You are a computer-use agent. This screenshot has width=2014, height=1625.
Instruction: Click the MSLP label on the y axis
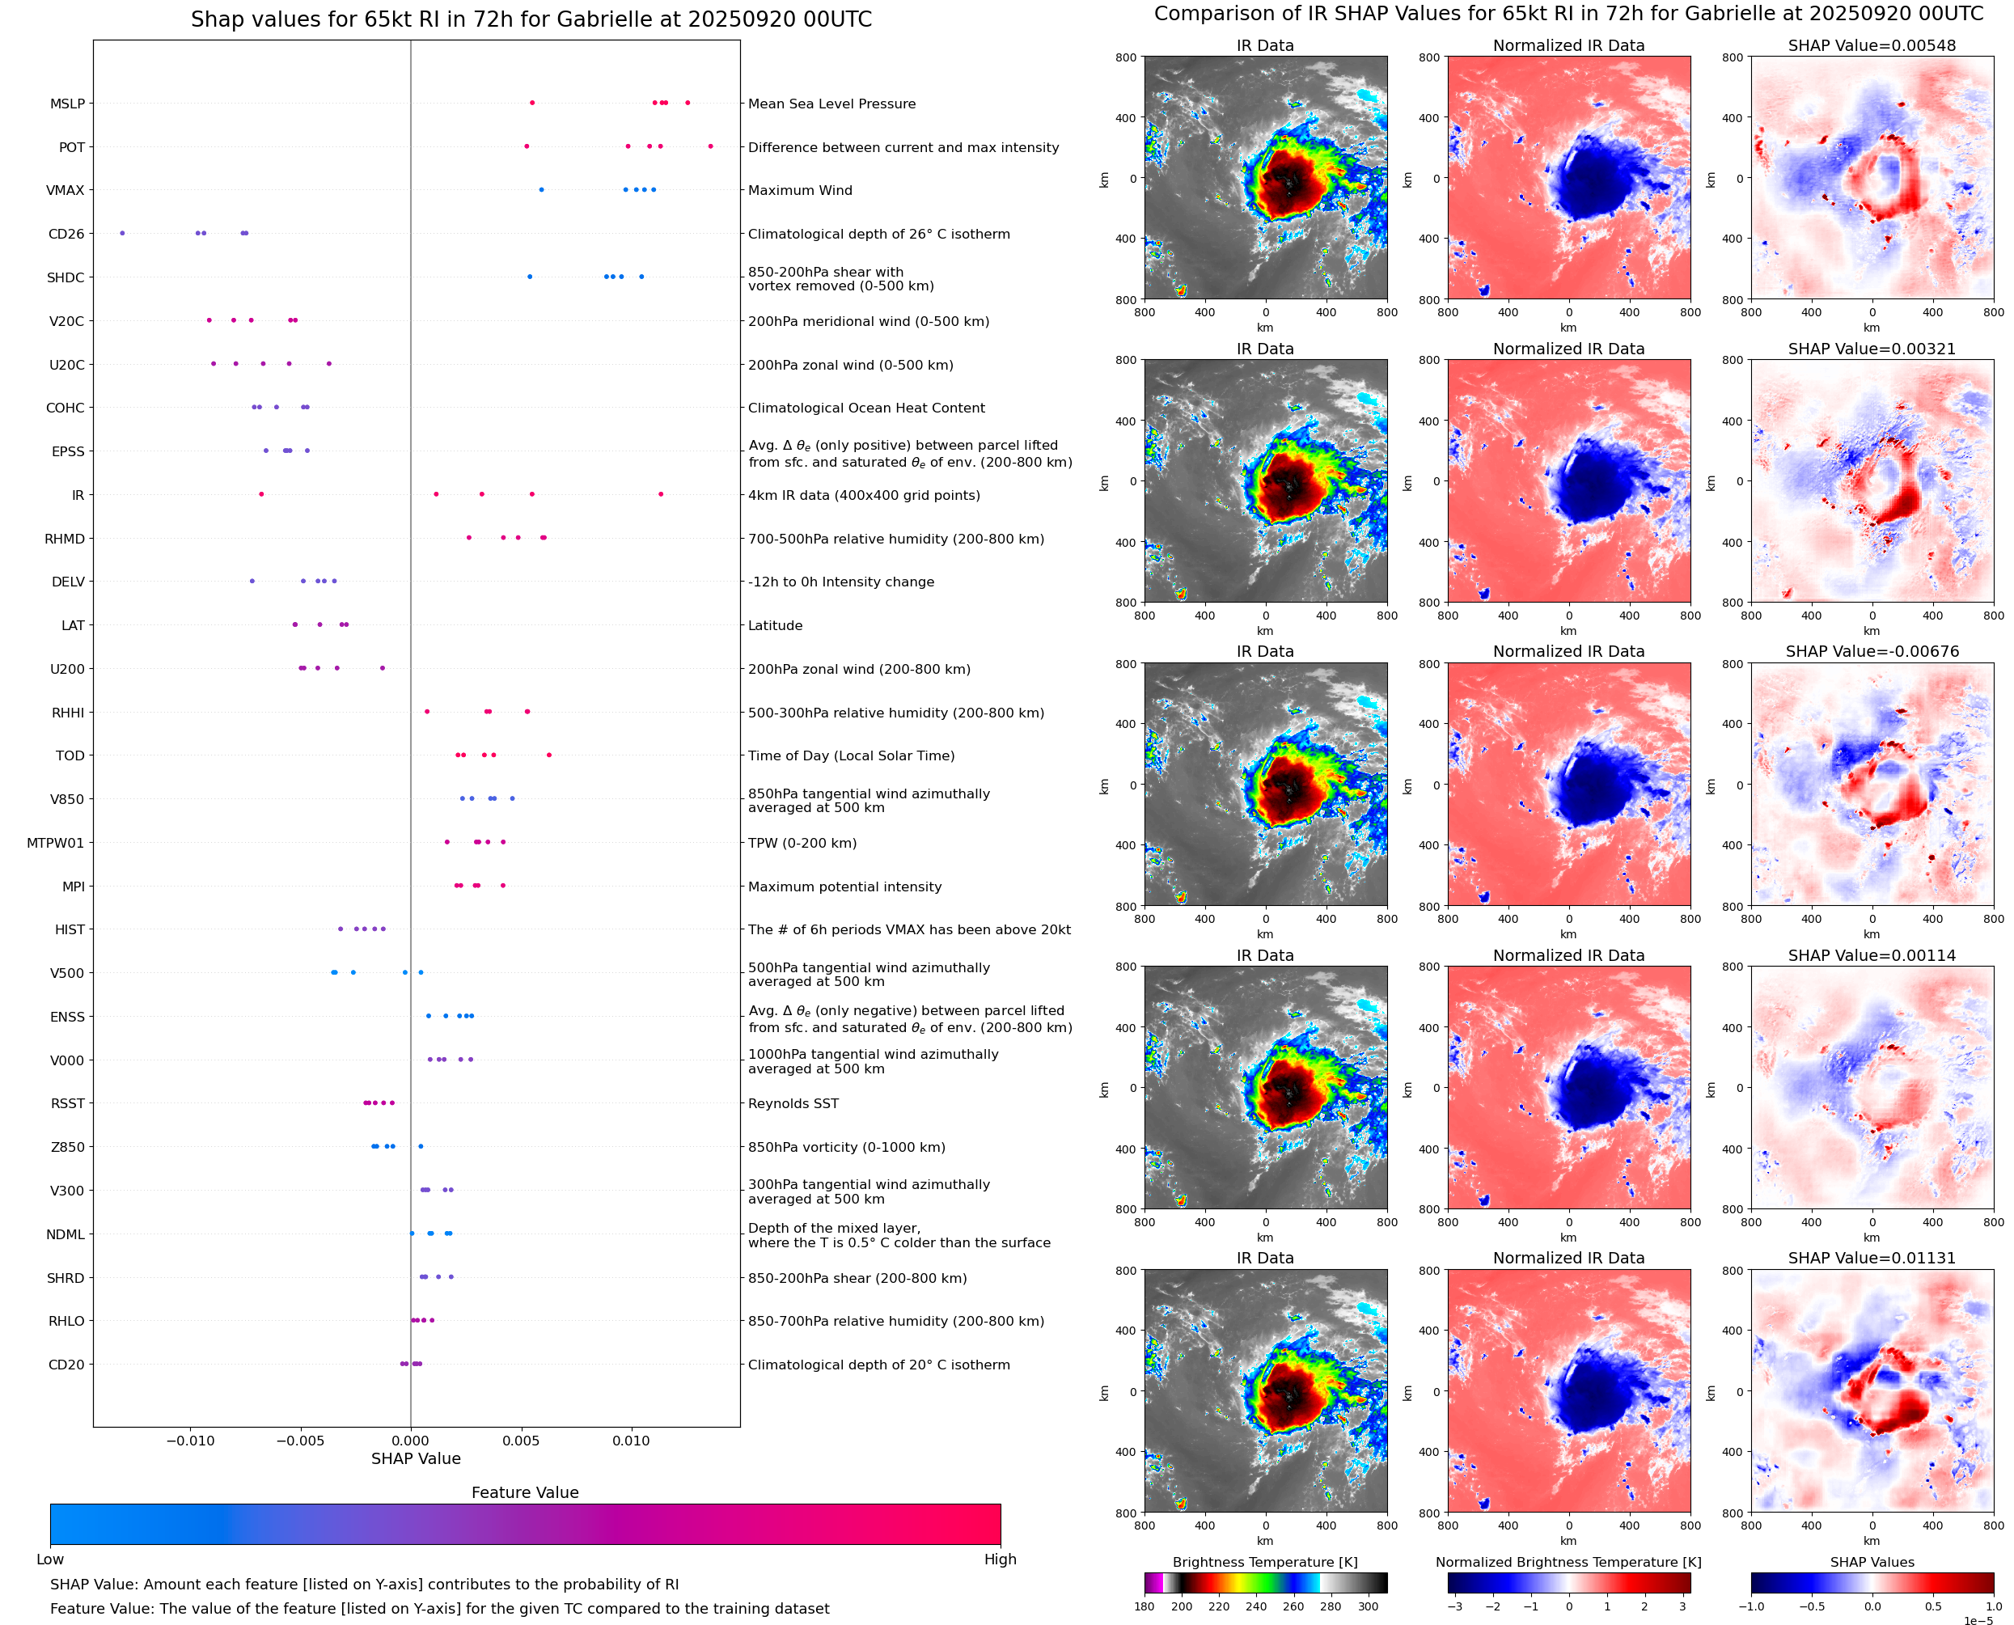tap(67, 104)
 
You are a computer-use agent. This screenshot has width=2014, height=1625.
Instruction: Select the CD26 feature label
tap(66, 234)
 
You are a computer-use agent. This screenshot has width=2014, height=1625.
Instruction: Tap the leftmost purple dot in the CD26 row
tap(121, 233)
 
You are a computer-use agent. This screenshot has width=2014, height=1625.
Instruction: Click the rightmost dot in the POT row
tap(710, 146)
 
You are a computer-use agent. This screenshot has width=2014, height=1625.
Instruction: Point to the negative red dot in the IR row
tap(261, 494)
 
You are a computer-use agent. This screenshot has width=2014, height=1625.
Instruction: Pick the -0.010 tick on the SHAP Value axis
tap(190, 1441)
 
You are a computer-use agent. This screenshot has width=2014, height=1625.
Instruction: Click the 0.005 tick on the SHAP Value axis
tap(520, 1441)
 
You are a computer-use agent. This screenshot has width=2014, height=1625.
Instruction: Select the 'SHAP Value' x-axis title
tap(416, 1458)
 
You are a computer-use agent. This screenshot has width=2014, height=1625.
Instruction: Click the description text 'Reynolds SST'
tap(793, 1103)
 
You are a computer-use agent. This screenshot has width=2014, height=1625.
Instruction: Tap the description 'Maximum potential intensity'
tap(844, 887)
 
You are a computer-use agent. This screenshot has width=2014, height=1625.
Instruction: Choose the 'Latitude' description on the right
tap(775, 625)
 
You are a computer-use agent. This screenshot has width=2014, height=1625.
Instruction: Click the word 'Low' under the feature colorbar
tap(49, 1559)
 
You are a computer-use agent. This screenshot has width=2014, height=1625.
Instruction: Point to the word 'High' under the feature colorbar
tap(1000, 1559)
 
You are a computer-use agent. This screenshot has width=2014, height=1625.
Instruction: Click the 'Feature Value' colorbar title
tap(525, 1493)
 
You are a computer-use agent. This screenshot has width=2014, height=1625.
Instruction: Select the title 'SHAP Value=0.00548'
tap(1872, 46)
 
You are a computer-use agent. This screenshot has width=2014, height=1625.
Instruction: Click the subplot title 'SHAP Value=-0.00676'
tap(1872, 651)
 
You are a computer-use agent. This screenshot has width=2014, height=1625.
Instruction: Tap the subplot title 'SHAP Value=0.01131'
tap(1872, 1258)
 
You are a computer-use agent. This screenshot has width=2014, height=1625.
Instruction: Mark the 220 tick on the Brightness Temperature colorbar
tap(1218, 1606)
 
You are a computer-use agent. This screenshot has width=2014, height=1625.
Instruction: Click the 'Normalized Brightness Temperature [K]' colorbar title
tap(1568, 1562)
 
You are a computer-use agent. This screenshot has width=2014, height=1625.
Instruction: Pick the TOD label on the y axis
tap(70, 755)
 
